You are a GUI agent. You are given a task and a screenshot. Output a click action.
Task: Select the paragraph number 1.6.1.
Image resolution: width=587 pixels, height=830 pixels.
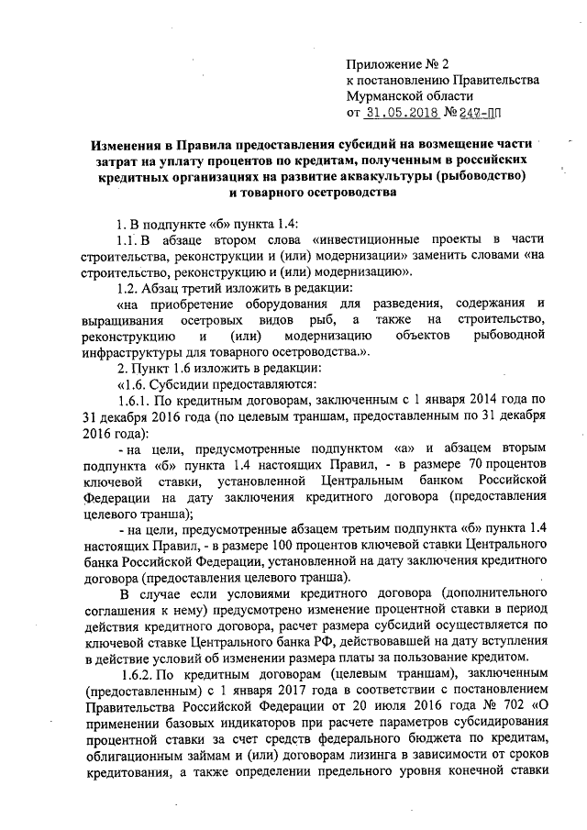click(x=127, y=425)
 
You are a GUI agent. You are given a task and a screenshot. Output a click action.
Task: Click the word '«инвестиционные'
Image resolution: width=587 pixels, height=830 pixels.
click(x=364, y=239)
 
